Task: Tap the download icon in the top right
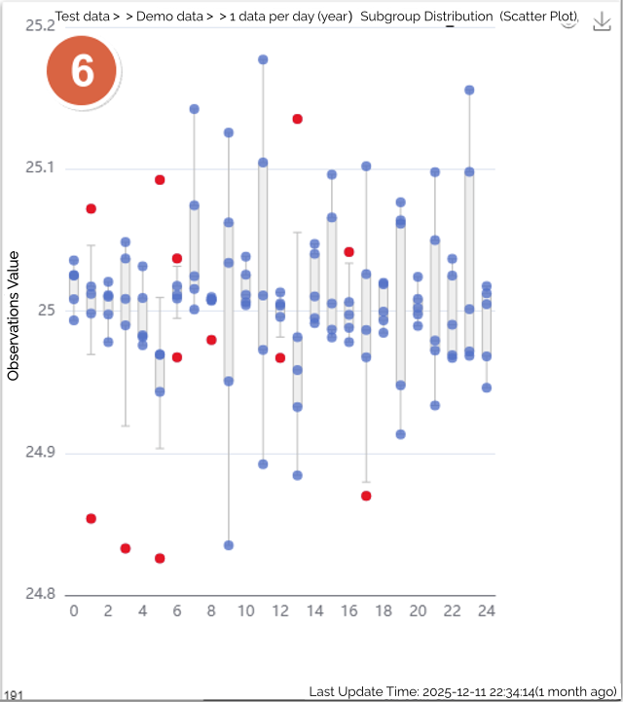click(x=601, y=21)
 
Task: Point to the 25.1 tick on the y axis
click(x=39, y=168)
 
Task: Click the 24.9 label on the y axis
click(x=39, y=453)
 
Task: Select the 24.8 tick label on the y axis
click(x=39, y=594)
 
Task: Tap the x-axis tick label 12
click(x=280, y=611)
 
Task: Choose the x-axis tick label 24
click(x=486, y=611)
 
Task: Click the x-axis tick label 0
click(x=74, y=611)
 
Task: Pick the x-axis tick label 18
click(x=383, y=611)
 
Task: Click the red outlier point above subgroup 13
click(x=298, y=119)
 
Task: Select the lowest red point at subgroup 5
click(x=160, y=558)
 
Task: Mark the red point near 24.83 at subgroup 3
click(x=126, y=548)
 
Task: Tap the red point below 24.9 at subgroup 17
click(x=366, y=496)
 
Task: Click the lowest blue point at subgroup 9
click(x=229, y=545)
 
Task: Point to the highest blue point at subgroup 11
click(x=263, y=59)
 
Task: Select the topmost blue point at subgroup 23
click(x=469, y=90)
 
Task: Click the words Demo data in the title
click(x=168, y=18)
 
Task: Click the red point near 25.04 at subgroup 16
click(x=348, y=252)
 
